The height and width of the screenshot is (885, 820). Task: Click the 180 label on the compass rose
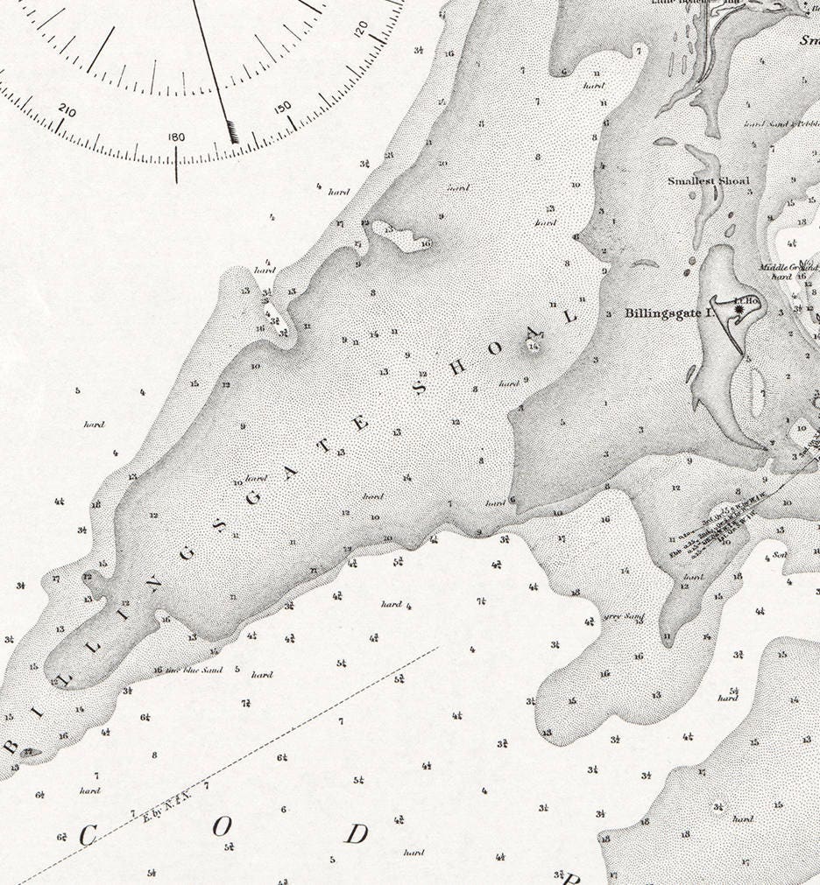[x=176, y=137]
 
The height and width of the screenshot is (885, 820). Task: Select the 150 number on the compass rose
[x=283, y=108]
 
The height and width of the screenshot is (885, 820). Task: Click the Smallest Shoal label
[x=709, y=181]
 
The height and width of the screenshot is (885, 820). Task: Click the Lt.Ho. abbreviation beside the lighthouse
[x=747, y=299]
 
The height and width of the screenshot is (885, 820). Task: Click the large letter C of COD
[x=87, y=837]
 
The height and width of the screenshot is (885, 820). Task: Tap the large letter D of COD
[x=355, y=834]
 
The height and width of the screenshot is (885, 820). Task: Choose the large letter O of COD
[x=223, y=825]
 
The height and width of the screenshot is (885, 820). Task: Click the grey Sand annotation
[x=626, y=617]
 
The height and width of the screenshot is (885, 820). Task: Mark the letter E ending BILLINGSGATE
[x=362, y=423]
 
